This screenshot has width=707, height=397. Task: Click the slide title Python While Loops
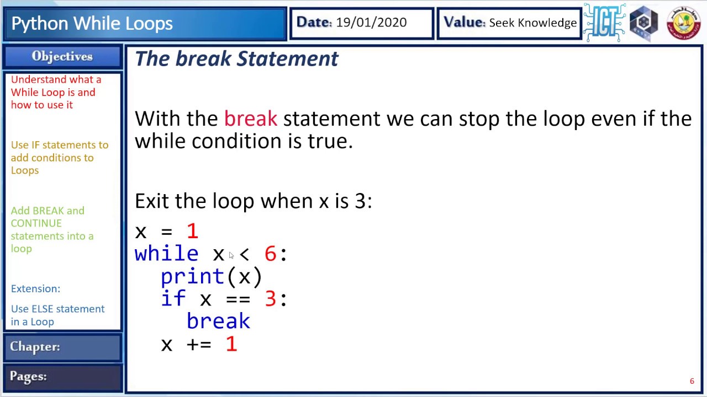click(92, 23)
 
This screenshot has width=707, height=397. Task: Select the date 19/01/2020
click(371, 23)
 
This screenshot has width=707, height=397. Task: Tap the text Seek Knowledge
click(532, 23)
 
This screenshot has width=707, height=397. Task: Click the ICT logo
click(604, 23)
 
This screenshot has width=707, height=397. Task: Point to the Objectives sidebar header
click(62, 56)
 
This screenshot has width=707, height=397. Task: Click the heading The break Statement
click(236, 58)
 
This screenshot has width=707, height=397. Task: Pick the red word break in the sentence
click(250, 119)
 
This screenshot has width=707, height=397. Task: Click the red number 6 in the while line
click(270, 254)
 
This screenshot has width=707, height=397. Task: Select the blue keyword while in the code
click(166, 254)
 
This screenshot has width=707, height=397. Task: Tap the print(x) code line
click(211, 276)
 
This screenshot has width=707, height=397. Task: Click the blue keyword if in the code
click(173, 299)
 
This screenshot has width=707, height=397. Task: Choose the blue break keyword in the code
click(218, 321)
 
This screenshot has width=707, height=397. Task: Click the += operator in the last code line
click(199, 345)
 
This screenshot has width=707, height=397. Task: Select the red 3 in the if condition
click(270, 299)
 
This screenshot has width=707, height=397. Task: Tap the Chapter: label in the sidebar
click(35, 347)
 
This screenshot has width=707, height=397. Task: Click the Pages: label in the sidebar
click(28, 377)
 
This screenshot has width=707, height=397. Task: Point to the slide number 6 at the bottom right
click(692, 381)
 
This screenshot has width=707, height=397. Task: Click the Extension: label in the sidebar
click(35, 289)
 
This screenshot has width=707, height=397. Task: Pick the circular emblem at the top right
click(683, 23)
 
